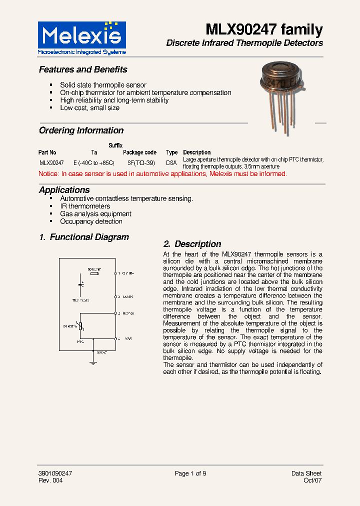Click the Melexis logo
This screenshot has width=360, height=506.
tap(82, 37)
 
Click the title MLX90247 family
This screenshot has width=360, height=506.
tap(264, 29)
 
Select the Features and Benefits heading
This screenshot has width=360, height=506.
tap(83, 69)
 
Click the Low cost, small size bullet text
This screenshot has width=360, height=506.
tap(89, 108)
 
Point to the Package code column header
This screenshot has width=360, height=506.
tap(139, 152)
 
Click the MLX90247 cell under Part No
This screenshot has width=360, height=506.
tap(51, 163)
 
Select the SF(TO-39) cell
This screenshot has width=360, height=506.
tap(141, 163)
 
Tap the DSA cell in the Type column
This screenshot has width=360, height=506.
tap(171, 163)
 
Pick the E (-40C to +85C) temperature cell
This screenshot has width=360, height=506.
tap(94, 163)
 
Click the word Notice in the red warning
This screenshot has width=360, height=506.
tap(48, 174)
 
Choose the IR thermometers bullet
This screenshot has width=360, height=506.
tap(85, 206)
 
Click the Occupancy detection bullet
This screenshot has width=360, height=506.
tap(91, 221)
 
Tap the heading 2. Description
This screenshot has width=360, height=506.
tap(192, 244)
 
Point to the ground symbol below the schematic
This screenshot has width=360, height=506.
tap(93, 362)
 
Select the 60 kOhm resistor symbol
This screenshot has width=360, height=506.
tap(93, 273)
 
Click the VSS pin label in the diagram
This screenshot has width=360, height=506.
tap(127, 339)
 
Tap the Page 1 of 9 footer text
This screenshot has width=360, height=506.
tap(190, 473)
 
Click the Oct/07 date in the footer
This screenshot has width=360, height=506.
tap(312, 480)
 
